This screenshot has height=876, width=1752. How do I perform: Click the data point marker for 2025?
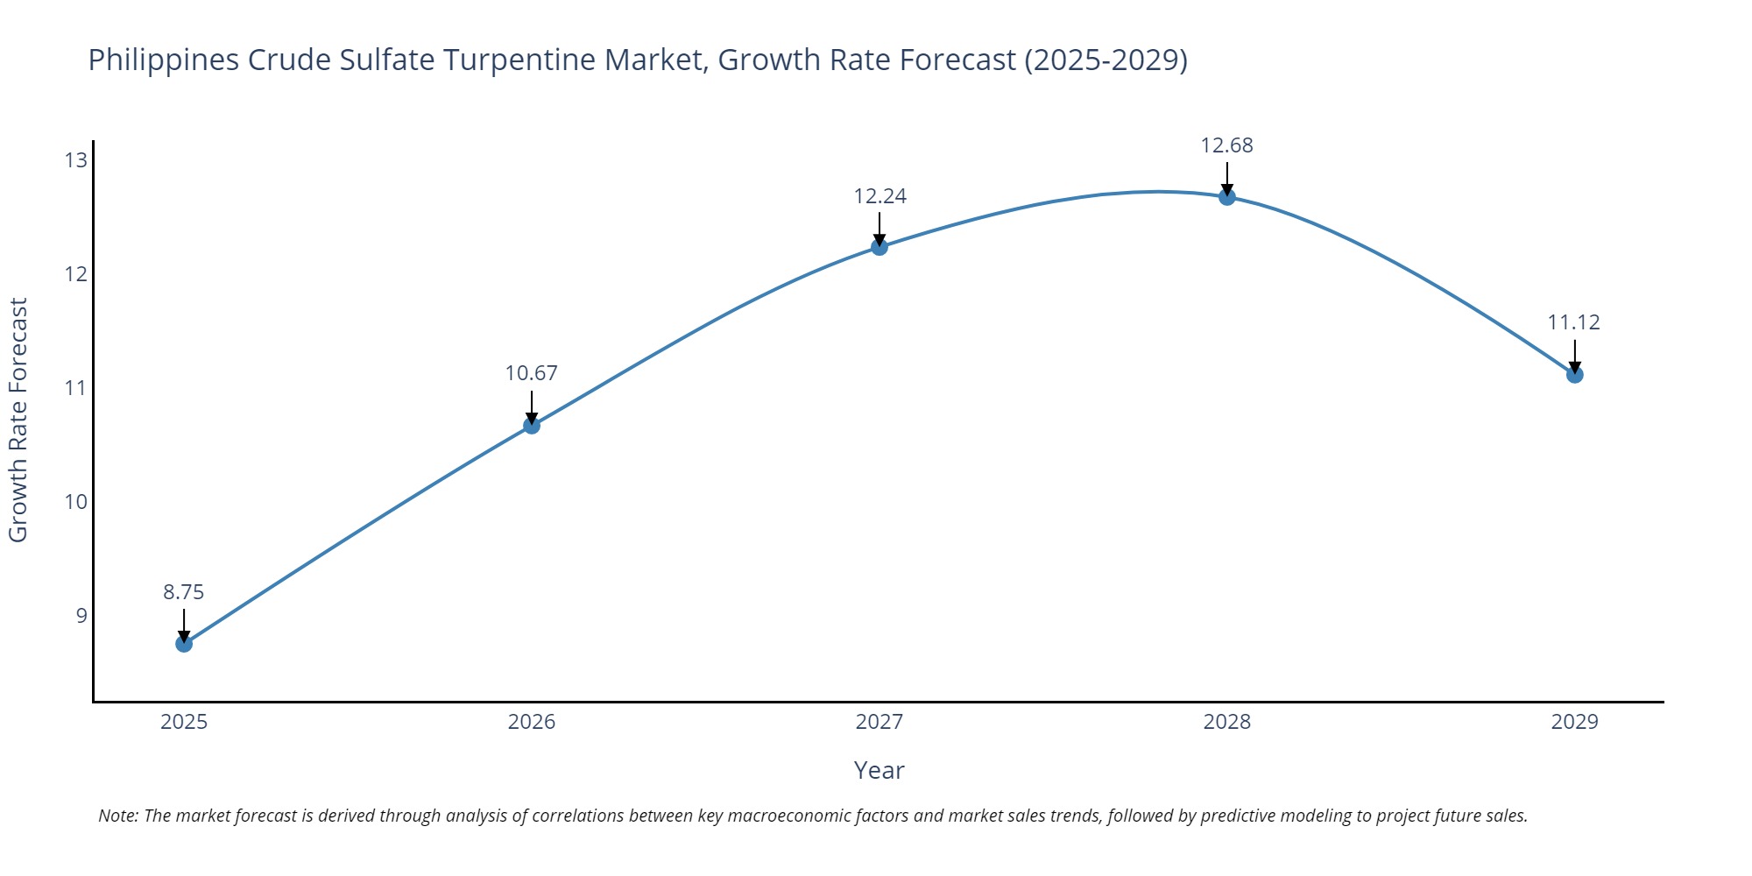[184, 644]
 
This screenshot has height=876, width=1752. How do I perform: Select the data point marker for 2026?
[532, 426]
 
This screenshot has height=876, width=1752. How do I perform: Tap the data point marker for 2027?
[880, 247]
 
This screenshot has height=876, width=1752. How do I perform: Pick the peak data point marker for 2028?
[1227, 197]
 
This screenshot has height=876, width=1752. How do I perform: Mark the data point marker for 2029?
[1574, 375]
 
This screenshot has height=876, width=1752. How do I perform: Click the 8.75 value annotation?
[184, 592]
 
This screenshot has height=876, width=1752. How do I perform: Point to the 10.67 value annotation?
[531, 373]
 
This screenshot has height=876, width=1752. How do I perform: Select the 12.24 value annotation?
[880, 196]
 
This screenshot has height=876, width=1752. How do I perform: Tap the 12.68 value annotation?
[1226, 145]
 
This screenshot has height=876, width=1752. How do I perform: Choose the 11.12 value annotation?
[1573, 322]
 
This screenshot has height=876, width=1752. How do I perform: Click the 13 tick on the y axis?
[76, 160]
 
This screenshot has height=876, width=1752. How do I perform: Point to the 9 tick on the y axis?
[81, 615]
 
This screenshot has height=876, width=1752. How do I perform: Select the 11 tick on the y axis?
[76, 387]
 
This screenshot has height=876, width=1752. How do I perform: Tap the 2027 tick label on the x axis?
[880, 722]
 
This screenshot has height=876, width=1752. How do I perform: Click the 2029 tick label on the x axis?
[1574, 722]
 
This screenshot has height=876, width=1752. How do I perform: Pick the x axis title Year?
[879, 771]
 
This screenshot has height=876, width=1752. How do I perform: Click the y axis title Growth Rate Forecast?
[18, 420]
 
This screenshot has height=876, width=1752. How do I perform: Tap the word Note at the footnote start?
[117, 816]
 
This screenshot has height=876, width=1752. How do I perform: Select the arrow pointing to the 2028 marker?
[1227, 178]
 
